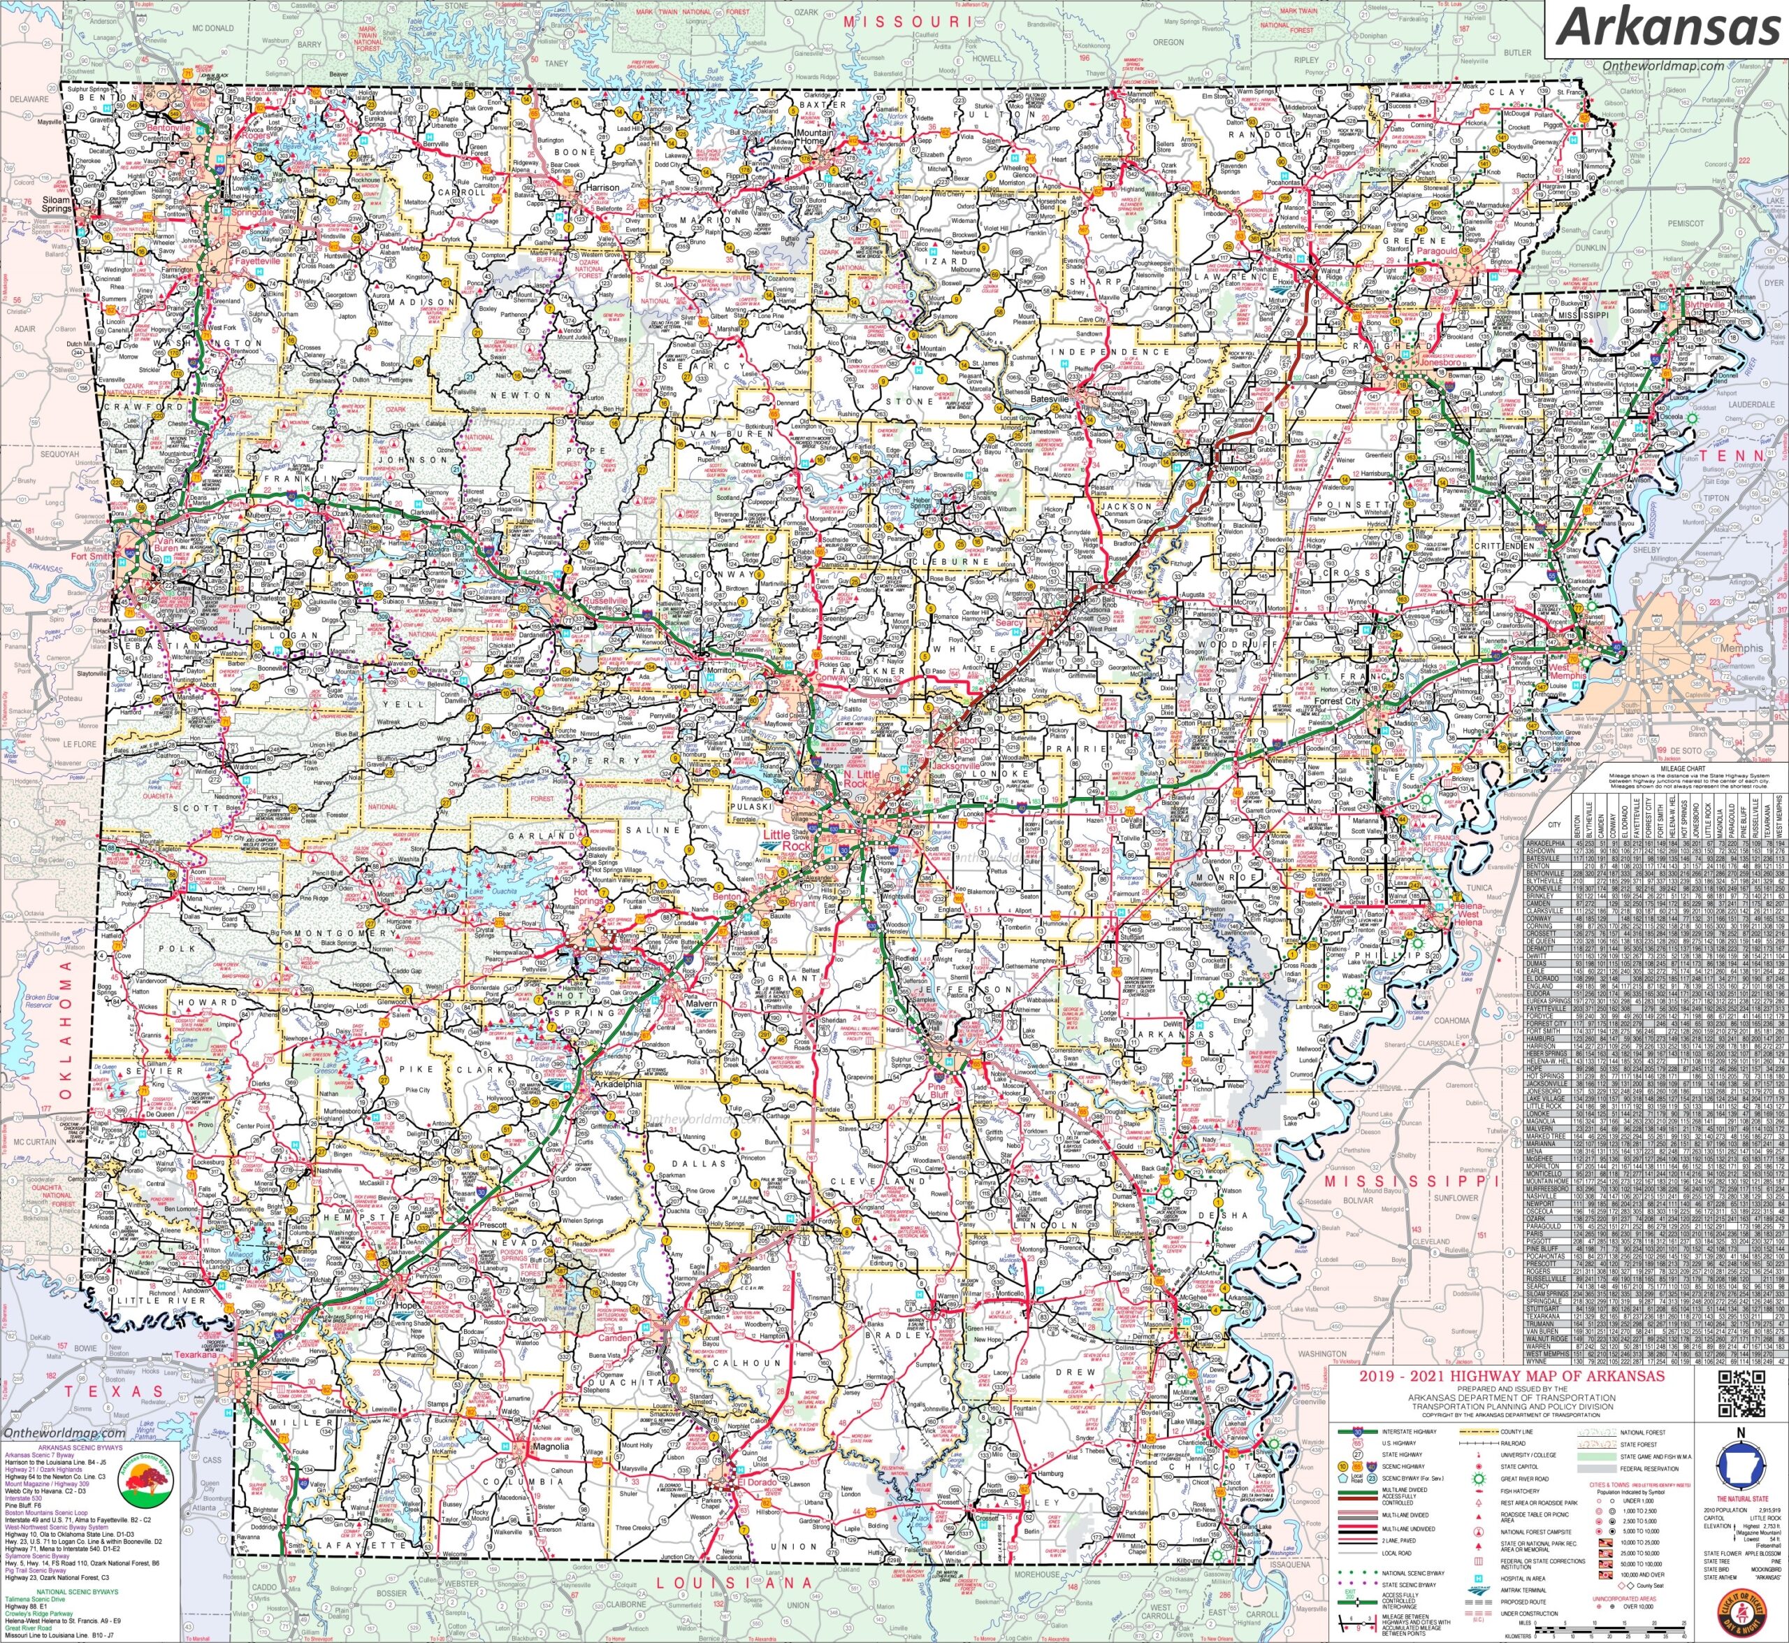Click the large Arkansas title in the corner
(1665, 27)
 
